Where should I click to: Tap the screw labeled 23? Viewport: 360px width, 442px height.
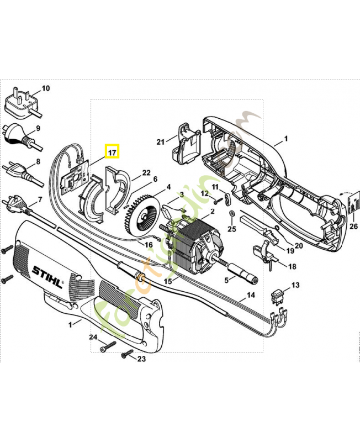pyautogui.click(x=126, y=352)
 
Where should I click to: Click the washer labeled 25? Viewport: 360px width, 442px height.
pyautogui.click(x=231, y=213)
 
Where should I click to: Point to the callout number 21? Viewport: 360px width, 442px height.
pyautogui.click(x=161, y=142)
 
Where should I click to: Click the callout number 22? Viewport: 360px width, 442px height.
pyautogui.click(x=146, y=173)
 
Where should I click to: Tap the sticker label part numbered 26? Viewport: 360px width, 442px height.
pyautogui.click(x=352, y=202)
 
